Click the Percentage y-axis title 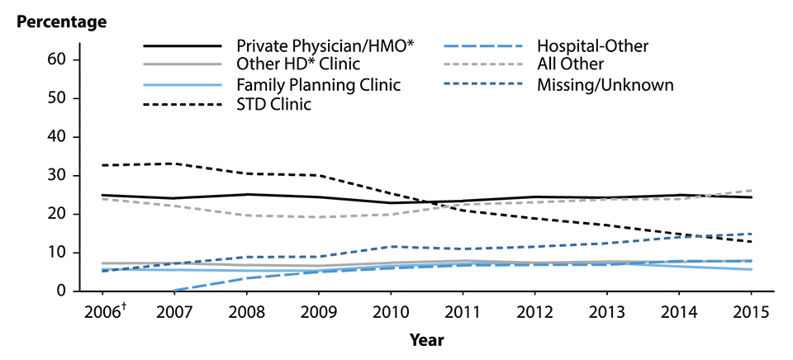(x=62, y=21)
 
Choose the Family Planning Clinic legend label (x=318, y=84)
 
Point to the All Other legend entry (x=570, y=64)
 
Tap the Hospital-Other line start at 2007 (x=173, y=291)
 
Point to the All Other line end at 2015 (x=751, y=191)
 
